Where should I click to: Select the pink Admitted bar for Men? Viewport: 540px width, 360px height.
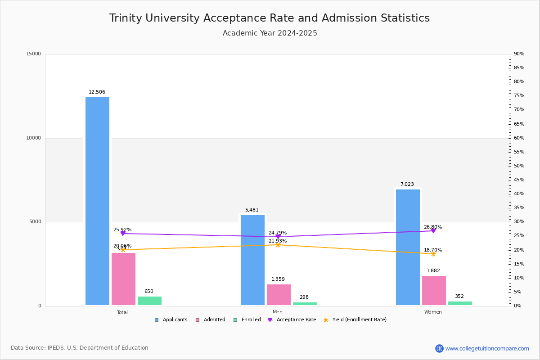(x=279, y=295)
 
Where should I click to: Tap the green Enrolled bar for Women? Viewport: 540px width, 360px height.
(x=460, y=303)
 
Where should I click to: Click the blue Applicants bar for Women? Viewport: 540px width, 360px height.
(x=408, y=247)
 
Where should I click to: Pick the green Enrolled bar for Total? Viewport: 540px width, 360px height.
(x=149, y=301)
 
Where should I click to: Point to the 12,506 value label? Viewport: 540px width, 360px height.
(x=97, y=92)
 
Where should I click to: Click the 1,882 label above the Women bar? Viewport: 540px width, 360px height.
(x=433, y=271)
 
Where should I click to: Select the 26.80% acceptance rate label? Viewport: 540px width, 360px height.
(x=433, y=227)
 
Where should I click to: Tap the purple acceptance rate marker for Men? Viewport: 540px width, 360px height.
(x=278, y=237)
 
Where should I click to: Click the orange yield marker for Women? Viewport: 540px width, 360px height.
(x=433, y=254)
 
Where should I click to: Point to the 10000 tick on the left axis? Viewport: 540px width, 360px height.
(x=33, y=138)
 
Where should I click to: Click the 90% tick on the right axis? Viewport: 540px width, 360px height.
(x=519, y=54)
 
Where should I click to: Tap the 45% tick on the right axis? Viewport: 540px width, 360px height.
(x=519, y=180)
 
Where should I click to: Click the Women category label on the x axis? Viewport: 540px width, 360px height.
(x=433, y=312)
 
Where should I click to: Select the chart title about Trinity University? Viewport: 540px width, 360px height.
(x=270, y=18)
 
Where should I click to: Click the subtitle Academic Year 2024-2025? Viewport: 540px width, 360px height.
(x=270, y=33)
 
